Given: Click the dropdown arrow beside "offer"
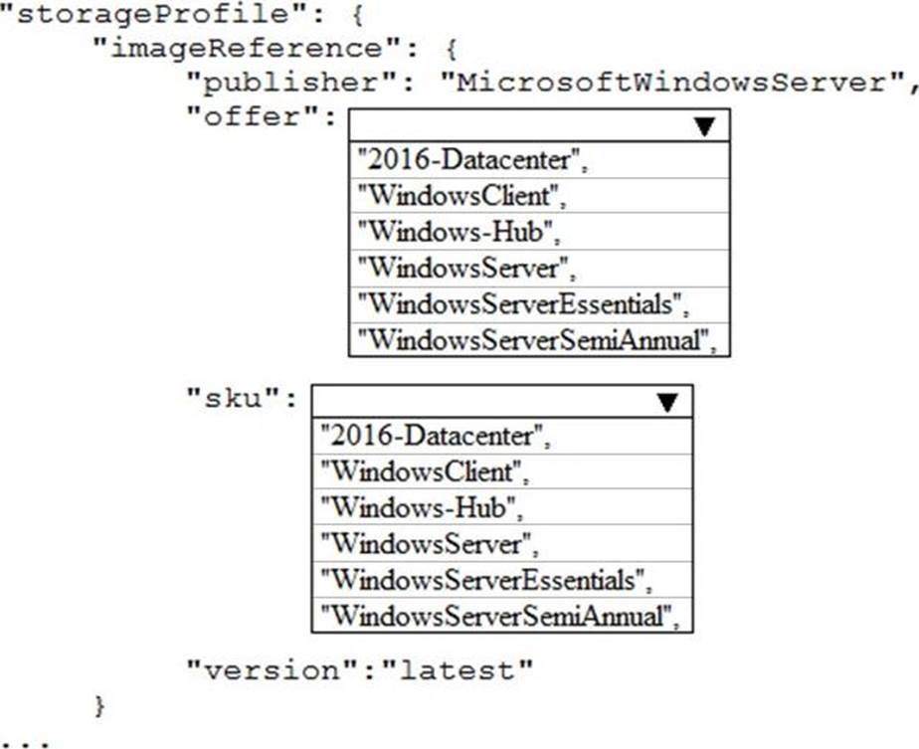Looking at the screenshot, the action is tap(704, 126).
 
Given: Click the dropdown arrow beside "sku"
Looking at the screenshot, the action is tap(667, 402).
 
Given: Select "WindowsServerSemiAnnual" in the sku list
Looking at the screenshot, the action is tap(500, 616).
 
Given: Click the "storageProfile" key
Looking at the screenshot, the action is tap(153, 14).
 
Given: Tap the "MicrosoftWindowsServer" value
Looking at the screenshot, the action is tap(671, 82).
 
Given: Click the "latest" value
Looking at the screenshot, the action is tap(458, 669).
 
